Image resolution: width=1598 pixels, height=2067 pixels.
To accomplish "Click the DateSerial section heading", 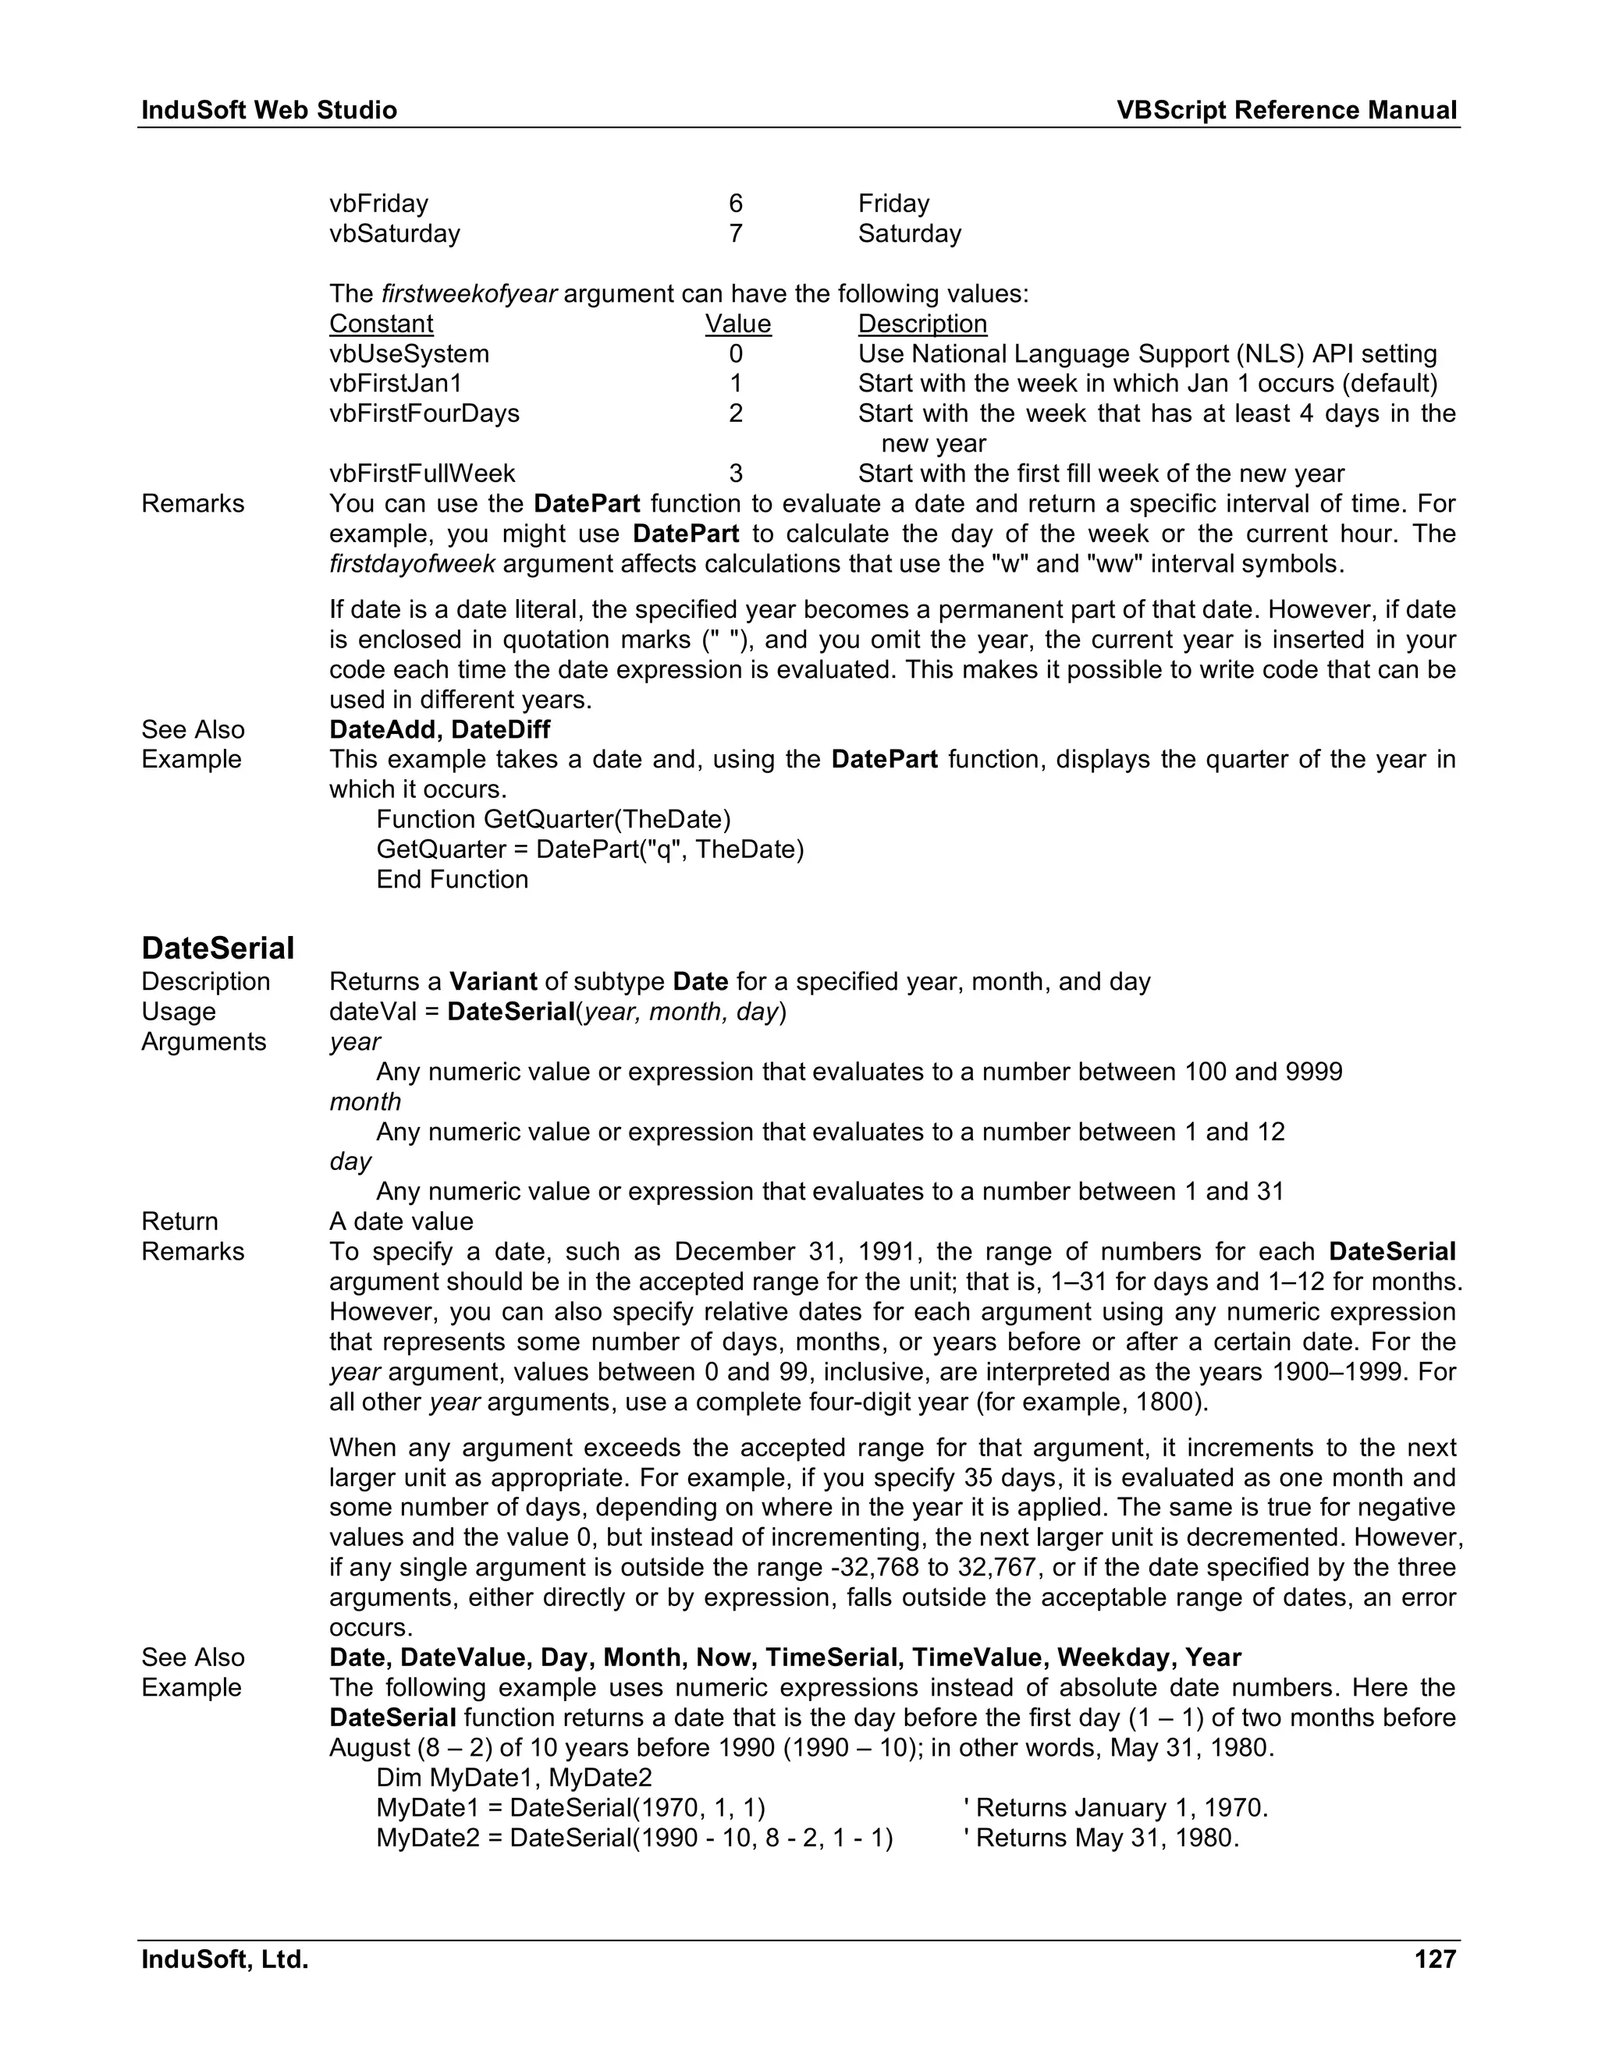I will [218, 948].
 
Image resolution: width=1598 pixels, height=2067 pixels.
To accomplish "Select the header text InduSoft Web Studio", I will [269, 111].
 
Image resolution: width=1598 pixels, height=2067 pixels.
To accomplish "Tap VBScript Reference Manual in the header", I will [1286, 111].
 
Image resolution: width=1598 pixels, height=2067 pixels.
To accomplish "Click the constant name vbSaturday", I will [394, 234].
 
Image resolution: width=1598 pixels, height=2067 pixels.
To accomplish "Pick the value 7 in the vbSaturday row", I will [736, 234].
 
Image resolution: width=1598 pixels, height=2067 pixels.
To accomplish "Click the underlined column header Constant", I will [381, 324].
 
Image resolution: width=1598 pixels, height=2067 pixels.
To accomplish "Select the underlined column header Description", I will [922, 324].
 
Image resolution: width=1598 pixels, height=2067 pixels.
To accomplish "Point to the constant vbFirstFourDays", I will [424, 413].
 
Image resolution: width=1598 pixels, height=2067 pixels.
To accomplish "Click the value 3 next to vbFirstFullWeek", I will [736, 473].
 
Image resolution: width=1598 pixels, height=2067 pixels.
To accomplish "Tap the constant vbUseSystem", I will [409, 354].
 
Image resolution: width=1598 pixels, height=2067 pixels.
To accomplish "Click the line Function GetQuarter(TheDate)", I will [553, 819].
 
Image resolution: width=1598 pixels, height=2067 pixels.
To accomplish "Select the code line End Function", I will [452, 879].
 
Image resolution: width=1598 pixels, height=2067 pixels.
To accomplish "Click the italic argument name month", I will [364, 1101].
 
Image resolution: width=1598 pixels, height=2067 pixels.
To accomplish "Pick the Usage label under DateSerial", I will [178, 1012].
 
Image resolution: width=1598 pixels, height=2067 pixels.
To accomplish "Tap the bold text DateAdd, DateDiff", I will [439, 730].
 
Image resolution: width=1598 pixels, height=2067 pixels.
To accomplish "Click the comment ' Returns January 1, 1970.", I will [1114, 1808].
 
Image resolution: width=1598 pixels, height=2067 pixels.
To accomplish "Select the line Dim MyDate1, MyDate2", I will [513, 1778].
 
